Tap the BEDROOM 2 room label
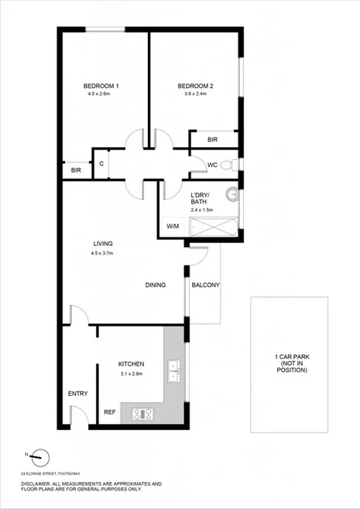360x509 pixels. tap(195, 85)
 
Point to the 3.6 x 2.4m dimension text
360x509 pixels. tap(195, 94)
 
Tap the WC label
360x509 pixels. tap(211, 165)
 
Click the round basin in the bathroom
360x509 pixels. tap(231, 194)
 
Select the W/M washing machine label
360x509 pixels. tap(173, 227)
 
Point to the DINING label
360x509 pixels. tap(156, 285)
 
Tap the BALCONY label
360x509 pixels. tap(206, 285)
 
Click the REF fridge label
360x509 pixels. tap(110, 412)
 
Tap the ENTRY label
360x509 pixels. tap(77, 394)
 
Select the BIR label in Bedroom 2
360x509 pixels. tap(212, 140)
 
